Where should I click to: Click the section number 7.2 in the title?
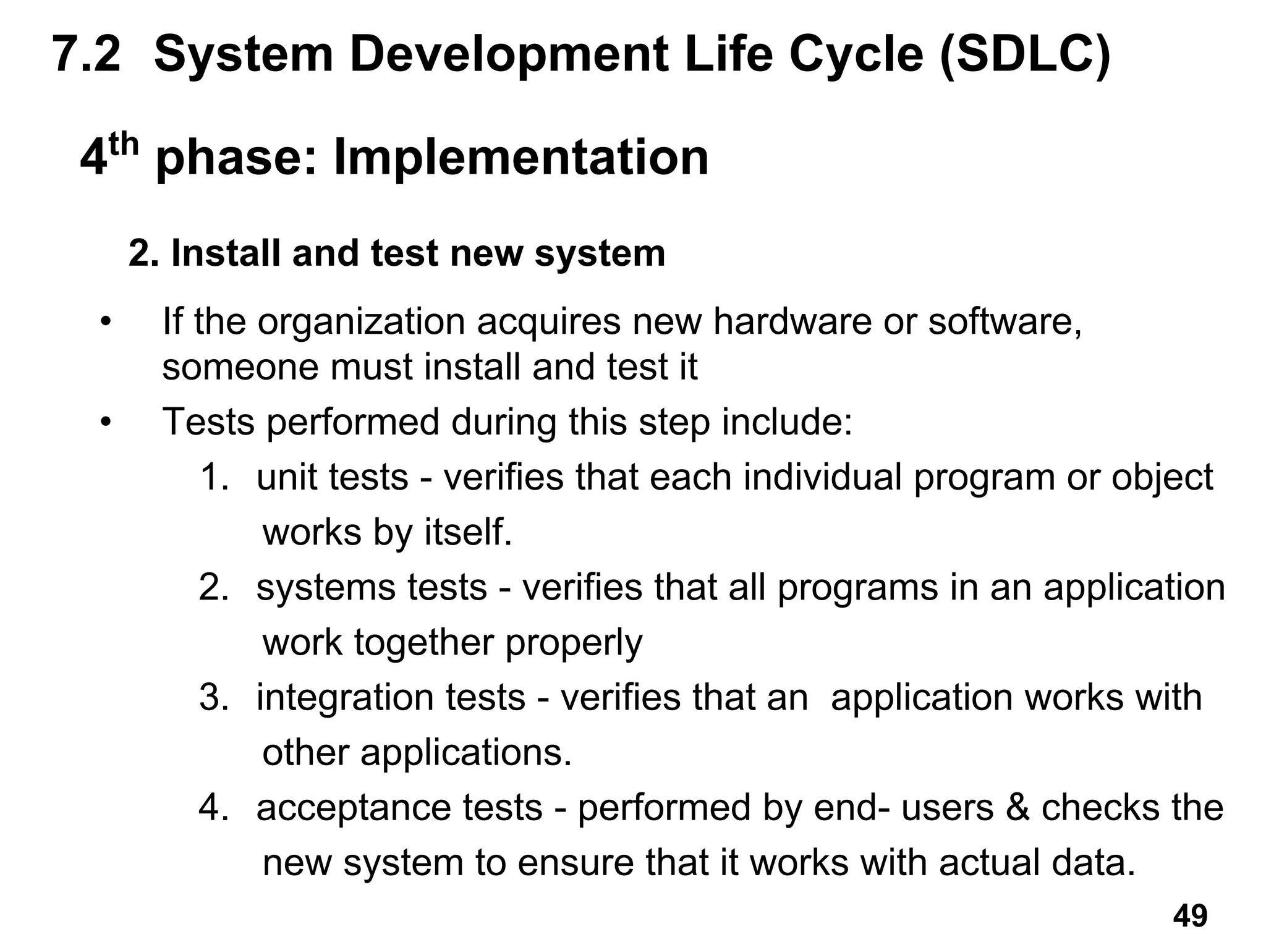(87, 54)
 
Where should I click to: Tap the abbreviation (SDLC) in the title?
(1024, 54)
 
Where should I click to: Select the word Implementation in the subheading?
(520, 158)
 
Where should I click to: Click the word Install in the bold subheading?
(226, 253)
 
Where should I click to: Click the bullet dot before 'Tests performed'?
(106, 423)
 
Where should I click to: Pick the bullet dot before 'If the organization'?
(106, 322)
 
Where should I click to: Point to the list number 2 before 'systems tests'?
(214, 587)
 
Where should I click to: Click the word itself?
(468, 532)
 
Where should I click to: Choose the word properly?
(574, 643)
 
